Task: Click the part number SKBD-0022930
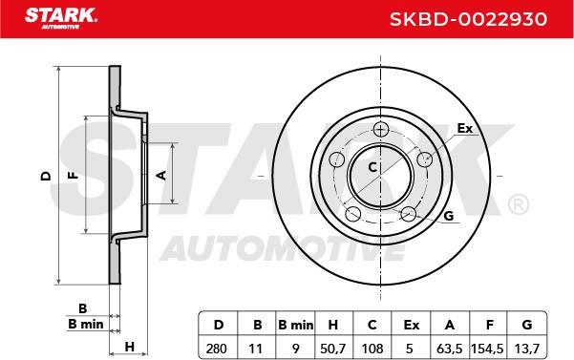[468, 19]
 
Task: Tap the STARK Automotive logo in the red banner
[61, 18]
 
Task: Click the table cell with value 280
[217, 349]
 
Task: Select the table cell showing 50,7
[332, 349]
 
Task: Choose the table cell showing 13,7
[527, 349]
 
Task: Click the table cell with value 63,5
[450, 349]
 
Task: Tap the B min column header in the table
[295, 325]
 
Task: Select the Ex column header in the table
[411, 325]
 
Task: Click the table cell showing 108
[372, 349]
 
